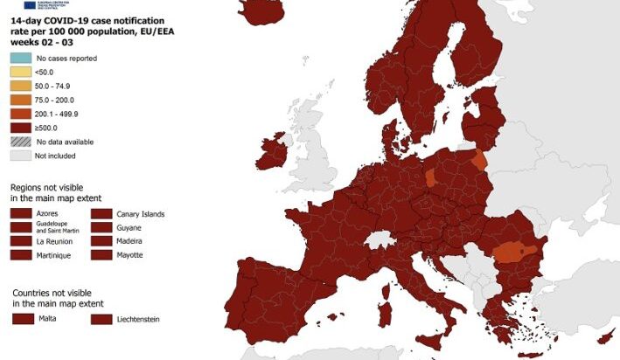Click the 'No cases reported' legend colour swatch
(x=20, y=59)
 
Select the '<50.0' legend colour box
(x=20, y=73)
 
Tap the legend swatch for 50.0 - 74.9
(x=20, y=87)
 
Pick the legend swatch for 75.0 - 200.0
(x=20, y=100)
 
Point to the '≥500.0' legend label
(x=47, y=128)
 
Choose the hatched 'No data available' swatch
(x=20, y=142)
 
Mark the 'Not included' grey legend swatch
(x=20, y=156)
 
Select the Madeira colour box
(x=101, y=240)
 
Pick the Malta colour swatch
(x=23, y=319)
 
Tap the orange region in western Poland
(x=430, y=178)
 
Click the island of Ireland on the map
(x=271, y=154)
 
